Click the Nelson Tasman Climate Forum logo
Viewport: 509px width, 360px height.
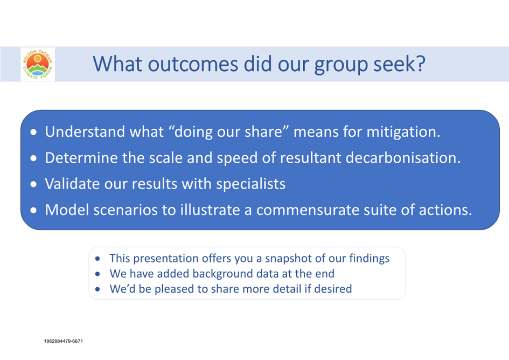pyautogui.click(x=38, y=64)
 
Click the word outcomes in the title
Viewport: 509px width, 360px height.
pyautogui.click(x=193, y=64)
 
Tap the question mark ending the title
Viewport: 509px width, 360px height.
pyautogui.click(x=421, y=64)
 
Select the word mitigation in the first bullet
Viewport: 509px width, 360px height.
pyautogui.click(x=403, y=132)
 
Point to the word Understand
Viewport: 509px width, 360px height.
pyautogui.click(x=85, y=131)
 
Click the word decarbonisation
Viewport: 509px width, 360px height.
pyautogui.click(x=403, y=157)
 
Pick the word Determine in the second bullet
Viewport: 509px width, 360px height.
pyautogui.click(x=81, y=158)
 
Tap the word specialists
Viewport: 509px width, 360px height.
pyautogui.click(x=251, y=184)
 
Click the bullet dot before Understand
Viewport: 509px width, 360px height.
pyautogui.click(x=33, y=132)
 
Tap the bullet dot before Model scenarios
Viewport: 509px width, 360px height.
pyautogui.click(x=33, y=211)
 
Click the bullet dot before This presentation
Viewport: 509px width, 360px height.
pyautogui.click(x=97, y=259)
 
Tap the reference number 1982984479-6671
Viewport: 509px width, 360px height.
pyautogui.click(x=64, y=341)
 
